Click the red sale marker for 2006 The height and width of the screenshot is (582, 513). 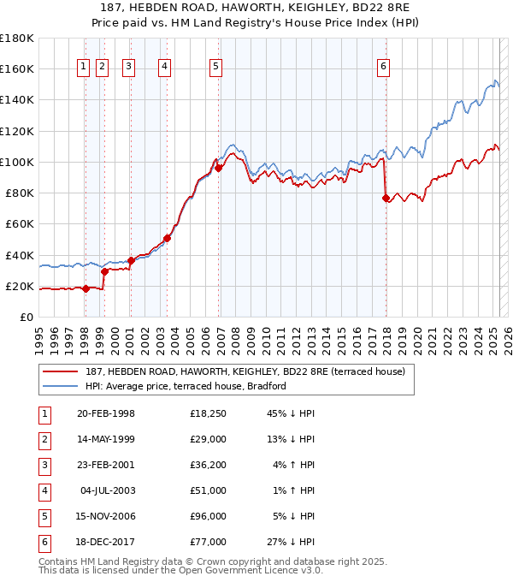(x=218, y=169)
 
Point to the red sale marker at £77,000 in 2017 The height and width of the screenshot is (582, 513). (x=386, y=198)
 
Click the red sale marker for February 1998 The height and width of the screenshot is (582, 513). (x=85, y=288)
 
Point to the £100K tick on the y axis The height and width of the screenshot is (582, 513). (x=17, y=162)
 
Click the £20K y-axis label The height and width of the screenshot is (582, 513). (x=20, y=286)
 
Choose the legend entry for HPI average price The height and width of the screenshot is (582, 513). (x=185, y=386)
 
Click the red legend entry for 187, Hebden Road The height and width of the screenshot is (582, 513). (x=239, y=371)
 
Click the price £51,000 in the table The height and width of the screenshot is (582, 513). (x=209, y=491)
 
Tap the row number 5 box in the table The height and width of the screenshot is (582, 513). (x=44, y=516)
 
